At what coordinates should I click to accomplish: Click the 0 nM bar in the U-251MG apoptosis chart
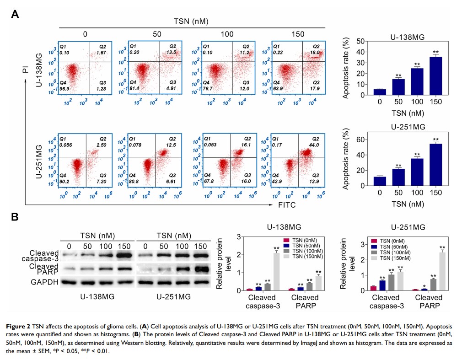coord(380,181)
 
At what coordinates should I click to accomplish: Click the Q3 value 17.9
coord(314,87)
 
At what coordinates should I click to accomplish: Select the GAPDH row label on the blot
coord(44,282)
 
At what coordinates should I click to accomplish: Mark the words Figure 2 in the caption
coord(20,327)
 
